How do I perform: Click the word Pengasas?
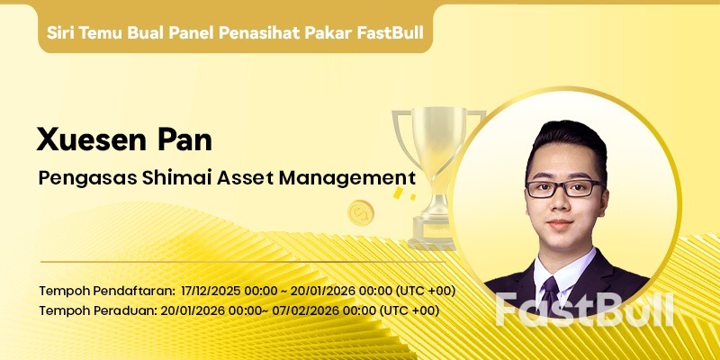pos(86,177)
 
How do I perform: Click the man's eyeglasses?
pos(564,188)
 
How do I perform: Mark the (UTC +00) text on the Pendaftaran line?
pos(426,291)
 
